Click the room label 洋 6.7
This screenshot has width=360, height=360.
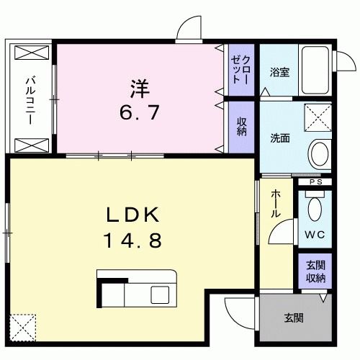140,99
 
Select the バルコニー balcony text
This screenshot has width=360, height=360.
31,100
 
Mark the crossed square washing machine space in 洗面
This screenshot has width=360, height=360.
318,117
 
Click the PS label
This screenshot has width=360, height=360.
315,182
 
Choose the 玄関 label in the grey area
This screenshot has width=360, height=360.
293,318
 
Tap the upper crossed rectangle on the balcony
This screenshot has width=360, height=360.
30,55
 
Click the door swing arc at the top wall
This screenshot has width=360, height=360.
189,29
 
